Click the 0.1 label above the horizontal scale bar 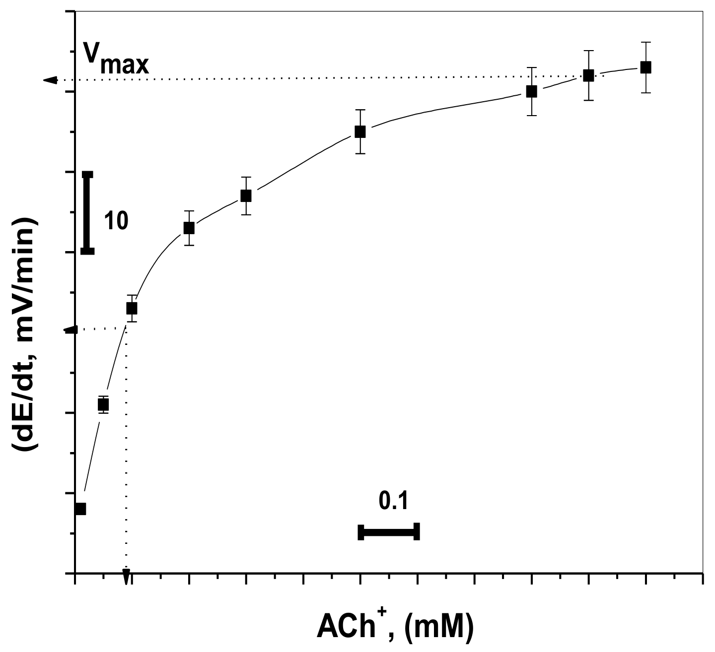(x=393, y=501)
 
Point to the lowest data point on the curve (x=80, y=509)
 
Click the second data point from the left (x=103, y=404)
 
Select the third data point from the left (x=132, y=308)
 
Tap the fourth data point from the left (x=189, y=228)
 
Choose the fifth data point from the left (x=246, y=196)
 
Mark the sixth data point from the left (x=360, y=131)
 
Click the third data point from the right (x=531, y=91)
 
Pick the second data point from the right (x=588, y=75)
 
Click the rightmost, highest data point (x=645, y=67)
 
